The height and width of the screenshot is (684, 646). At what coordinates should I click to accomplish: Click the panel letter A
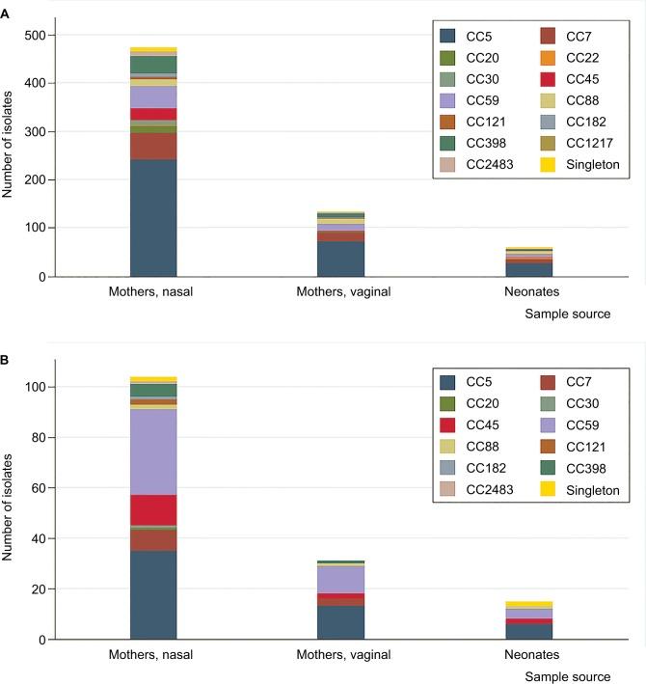[6, 8]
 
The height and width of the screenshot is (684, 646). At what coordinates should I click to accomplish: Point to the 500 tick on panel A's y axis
[35, 36]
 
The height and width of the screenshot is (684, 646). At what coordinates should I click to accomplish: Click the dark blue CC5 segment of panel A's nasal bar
[153, 218]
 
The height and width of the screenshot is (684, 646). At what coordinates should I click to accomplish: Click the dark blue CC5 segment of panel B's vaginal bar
[341, 622]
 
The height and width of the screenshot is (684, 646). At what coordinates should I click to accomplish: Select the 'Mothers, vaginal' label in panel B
[341, 654]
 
